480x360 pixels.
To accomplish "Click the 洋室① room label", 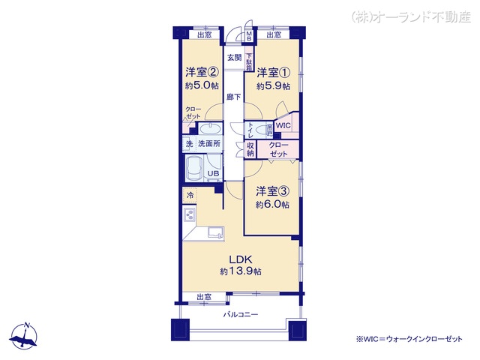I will pyautogui.click(x=272, y=73).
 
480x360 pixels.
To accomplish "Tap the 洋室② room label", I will pyautogui.click(x=202, y=73).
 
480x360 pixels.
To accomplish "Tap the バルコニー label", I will pyautogui.click(x=238, y=313).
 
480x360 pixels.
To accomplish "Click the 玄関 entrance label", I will pyautogui.click(x=234, y=57).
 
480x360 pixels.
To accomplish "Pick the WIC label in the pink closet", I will pyautogui.click(x=283, y=126).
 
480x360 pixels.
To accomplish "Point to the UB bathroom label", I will pyautogui.click(x=214, y=175).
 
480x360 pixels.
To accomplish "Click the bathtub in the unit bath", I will pyautogui.click(x=194, y=169).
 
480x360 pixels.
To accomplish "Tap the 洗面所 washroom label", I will pyautogui.click(x=208, y=142).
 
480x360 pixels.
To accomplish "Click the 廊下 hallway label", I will pyautogui.click(x=234, y=97).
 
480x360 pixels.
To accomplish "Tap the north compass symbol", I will pyautogui.click(x=27, y=337).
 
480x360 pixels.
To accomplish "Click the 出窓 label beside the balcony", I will pyautogui.click(x=204, y=297).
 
